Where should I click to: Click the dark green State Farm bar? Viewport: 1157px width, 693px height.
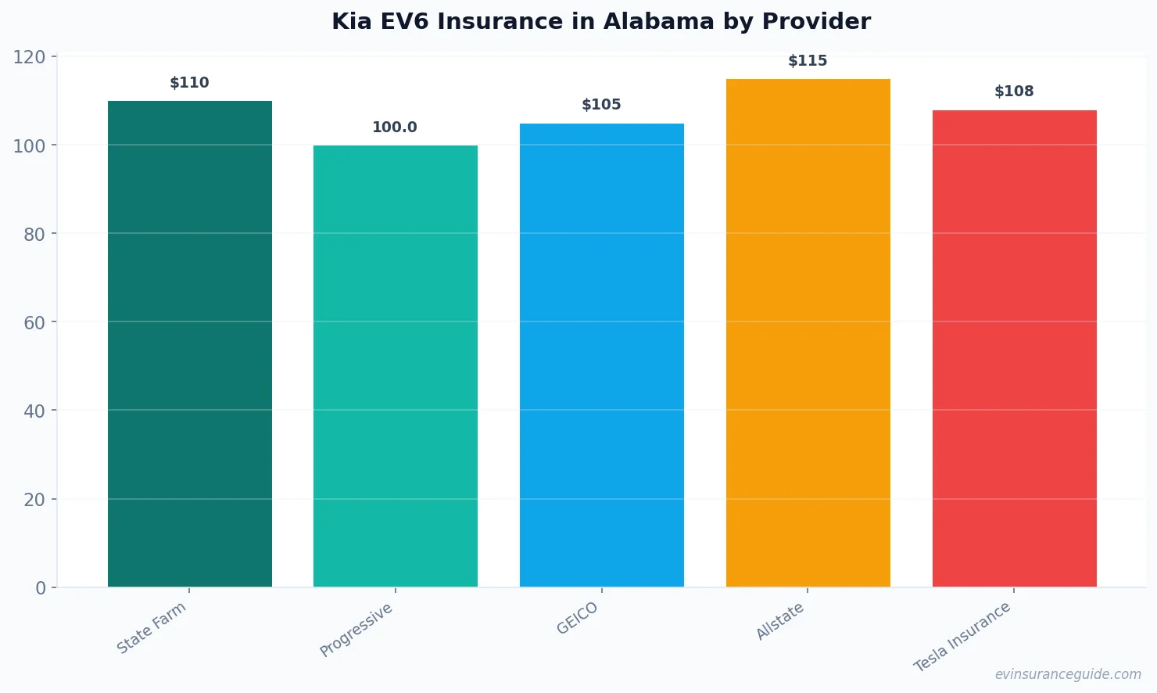click(x=190, y=344)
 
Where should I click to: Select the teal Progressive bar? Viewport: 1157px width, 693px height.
click(x=396, y=366)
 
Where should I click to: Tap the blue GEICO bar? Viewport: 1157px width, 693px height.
click(x=602, y=355)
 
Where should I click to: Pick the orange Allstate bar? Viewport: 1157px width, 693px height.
click(x=808, y=333)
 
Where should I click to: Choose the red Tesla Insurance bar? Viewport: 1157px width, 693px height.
click(x=1014, y=349)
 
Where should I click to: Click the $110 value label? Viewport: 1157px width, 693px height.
click(x=190, y=83)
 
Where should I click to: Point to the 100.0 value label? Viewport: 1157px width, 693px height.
click(x=395, y=127)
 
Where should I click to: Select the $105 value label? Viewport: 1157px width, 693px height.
click(x=601, y=105)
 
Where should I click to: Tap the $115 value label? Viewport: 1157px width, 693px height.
click(x=808, y=61)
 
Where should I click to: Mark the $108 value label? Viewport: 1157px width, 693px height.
click(x=1014, y=92)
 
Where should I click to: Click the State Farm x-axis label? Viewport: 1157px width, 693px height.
click(x=152, y=627)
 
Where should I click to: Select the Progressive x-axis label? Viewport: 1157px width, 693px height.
click(x=356, y=630)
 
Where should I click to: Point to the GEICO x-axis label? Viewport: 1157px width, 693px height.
click(x=578, y=618)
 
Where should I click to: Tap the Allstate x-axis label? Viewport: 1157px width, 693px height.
click(x=780, y=622)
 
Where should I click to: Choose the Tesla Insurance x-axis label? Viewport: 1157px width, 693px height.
click(x=963, y=637)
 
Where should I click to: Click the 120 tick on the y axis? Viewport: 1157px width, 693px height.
click(x=29, y=57)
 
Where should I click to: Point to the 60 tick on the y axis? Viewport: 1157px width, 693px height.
click(x=34, y=322)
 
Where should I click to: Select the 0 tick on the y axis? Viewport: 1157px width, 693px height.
click(x=41, y=588)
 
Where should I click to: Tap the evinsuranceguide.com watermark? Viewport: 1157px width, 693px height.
click(x=1068, y=674)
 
